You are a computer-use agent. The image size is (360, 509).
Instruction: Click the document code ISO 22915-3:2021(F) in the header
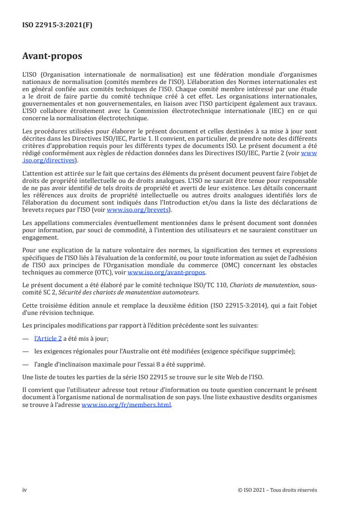(x=57, y=25)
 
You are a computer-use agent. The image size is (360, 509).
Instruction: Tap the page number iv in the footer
(x=25, y=489)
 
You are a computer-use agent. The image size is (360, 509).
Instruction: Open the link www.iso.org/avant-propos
(x=167, y=272)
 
